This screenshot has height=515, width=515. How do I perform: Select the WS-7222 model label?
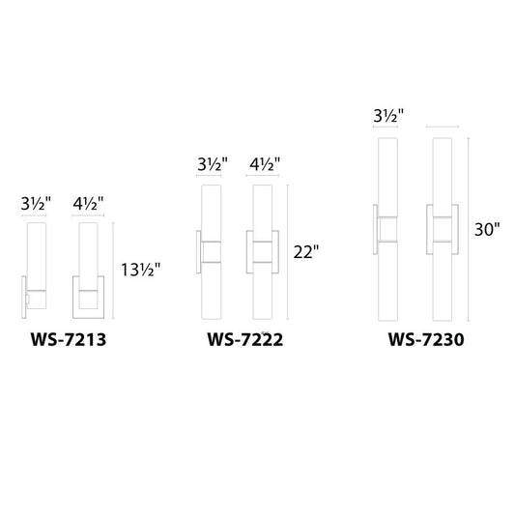(x=243, y=341)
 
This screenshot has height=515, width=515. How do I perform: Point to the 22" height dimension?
(x=303, y=252)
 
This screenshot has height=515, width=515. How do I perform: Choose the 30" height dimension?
(x=488, y=230)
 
